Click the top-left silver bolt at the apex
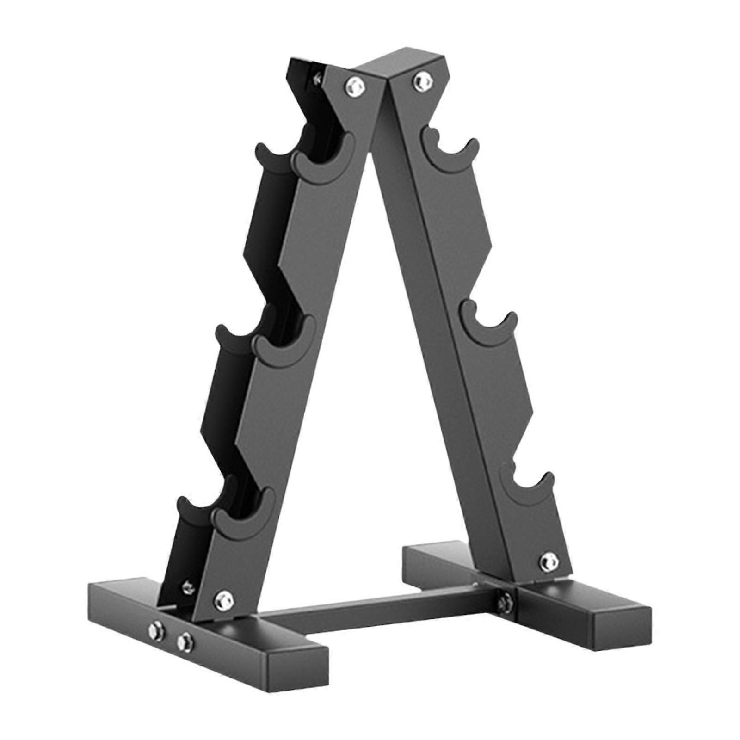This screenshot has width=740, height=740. [353, 84]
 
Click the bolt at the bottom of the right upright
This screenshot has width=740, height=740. [548, 561]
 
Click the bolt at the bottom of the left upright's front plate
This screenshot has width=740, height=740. [224, 599]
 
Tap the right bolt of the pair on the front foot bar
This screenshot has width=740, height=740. [186, 640]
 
